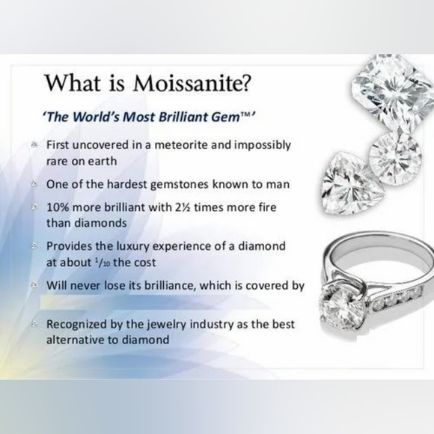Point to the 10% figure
pyautogui.click(x=59, y=205)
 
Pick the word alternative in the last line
pyautogui.click(x=76, y=340)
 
